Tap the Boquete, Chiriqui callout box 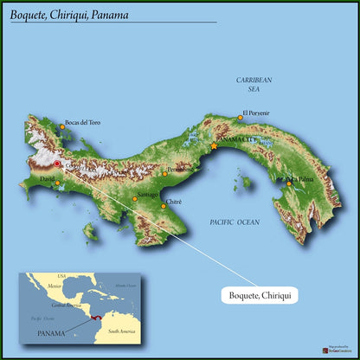coord(259,295)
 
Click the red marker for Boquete coord(57,163)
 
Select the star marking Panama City coord(214,145)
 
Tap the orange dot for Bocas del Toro coord(61,127)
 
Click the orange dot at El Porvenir coord(240,117)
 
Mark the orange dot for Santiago coord(135,198)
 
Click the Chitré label coord(174,201)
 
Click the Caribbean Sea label coord(254,84)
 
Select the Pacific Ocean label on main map coord(235,222)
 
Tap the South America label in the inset coord(116,330)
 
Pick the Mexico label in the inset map coord(55,285)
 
